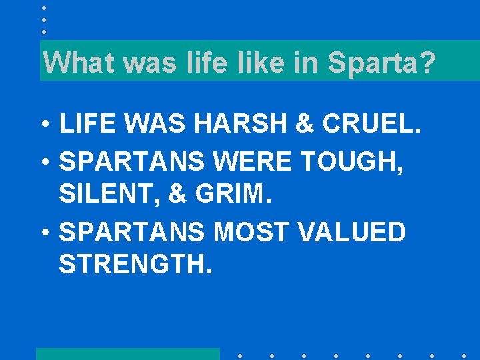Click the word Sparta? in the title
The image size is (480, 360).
click(x=381, y=63)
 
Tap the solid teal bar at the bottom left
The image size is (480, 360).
click(x=127, y=353)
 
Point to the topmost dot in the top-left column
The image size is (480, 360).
click(x=43, y=8)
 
